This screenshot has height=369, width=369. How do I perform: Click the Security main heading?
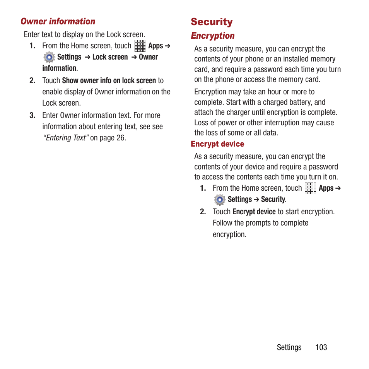tap(212, 22)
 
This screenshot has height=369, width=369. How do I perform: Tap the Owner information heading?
tap(58, 21)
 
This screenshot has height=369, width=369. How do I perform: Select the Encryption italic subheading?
tap(213, 36)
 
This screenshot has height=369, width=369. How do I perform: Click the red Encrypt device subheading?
tap(217, 144)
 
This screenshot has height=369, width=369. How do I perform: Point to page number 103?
tap(321, 347)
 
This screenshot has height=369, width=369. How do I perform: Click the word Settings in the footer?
tap(289, 347)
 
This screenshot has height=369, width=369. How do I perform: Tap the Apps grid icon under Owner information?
tap(140, 46)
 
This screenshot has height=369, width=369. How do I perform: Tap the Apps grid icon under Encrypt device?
tap(310, 188)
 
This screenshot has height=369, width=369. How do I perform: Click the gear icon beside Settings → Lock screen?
tap(49, 57)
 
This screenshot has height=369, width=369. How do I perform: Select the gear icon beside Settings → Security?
tap(220, 200)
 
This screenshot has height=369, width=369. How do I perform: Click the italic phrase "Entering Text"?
tap(66, 138)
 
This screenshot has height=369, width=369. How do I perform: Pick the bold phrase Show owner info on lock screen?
tap(109, 80)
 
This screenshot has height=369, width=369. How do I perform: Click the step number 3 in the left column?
tap(32, 115)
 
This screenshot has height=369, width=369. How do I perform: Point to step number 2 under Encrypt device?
tap(203, 212)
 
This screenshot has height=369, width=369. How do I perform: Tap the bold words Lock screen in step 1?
tap(110, 57)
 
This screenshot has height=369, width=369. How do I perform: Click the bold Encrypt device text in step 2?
tap(254, 212)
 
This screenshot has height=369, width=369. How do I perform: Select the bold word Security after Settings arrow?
tap(273, 199)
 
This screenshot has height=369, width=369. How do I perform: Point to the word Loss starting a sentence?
tap(201, 123)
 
